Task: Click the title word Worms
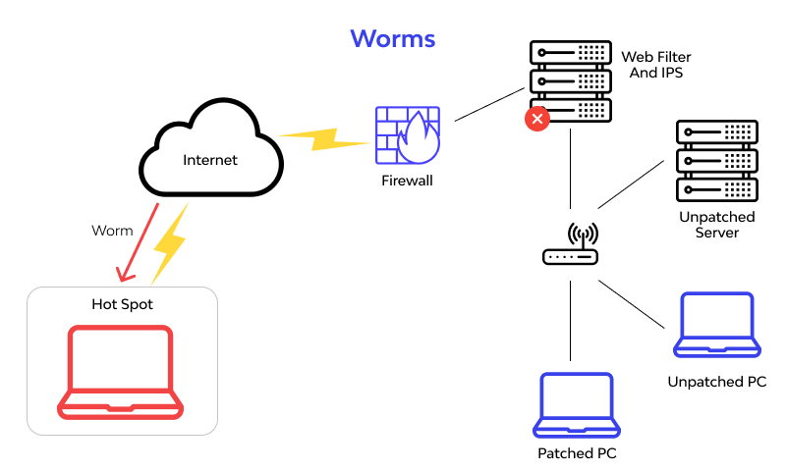[x=392, y=38]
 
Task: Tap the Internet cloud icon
[x=210, y=152]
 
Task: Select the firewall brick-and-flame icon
[x=407, y=134]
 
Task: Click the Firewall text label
[x=407, y=181]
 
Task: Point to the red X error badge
[x=536, y=119]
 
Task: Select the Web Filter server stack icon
[x=570, y=79]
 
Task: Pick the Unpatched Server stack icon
[x=717, y=160]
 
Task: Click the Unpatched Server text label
[x=716, y=224]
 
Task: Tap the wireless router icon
[x=571, y=245]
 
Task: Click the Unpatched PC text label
[x=716, y=382]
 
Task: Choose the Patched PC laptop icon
[x=577, y=404]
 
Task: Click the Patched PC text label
[x=577, y=453]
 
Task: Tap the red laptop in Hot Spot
[x=121, y=373]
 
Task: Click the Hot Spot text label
[x=122, y=304]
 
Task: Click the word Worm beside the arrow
[x=111, y=231]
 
